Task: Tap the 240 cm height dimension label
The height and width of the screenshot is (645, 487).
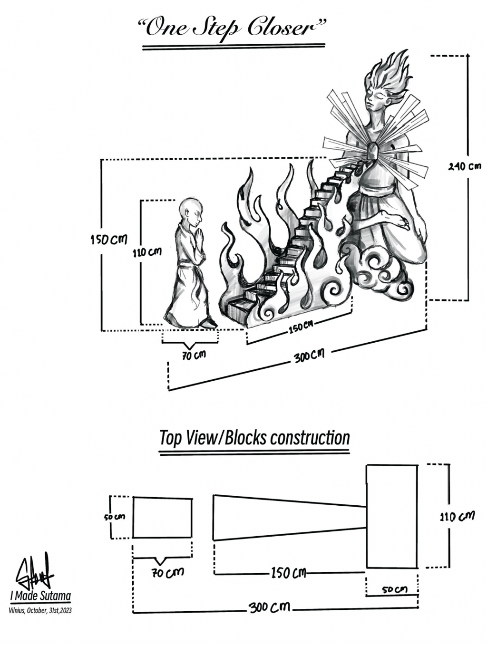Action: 465,167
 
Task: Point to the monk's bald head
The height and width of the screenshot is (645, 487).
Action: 190,209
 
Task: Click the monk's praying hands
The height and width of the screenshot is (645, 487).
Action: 200,237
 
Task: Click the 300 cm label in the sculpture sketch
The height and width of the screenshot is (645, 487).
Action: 309,356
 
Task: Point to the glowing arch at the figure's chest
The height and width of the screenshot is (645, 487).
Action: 373,151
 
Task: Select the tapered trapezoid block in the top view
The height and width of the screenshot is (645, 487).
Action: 290,518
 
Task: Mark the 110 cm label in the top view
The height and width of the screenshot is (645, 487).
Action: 457,516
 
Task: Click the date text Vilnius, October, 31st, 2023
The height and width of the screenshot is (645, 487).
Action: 40,611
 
